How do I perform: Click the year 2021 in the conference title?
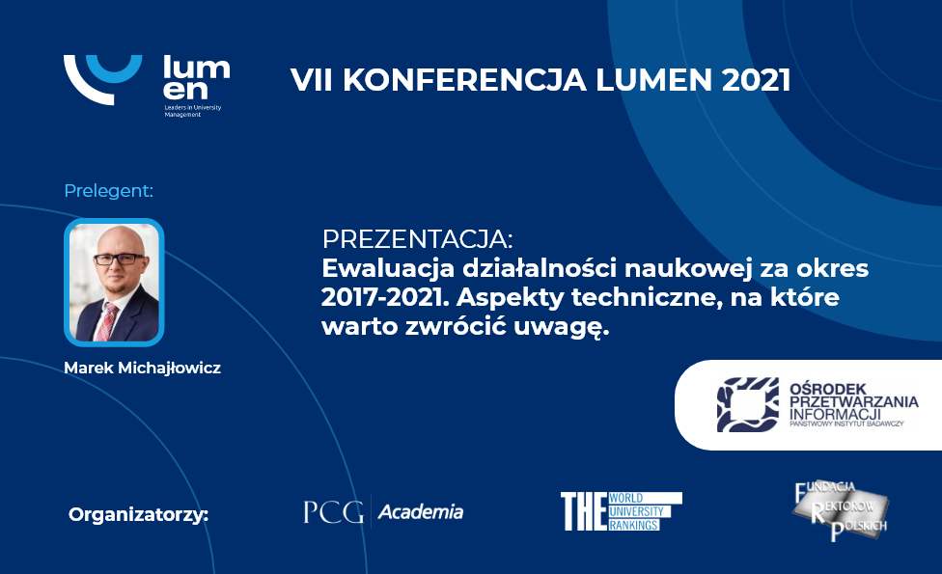click(x=756, y=80)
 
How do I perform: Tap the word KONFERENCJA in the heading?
click(x=464, y=80)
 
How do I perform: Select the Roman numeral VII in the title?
click(x=311, y=80)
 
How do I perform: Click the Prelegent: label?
click(x=109, y=190)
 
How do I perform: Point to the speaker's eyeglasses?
click(x=119, y=259)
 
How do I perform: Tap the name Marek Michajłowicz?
click(x=143, y=368)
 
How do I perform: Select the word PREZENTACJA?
click(x=418, y=239)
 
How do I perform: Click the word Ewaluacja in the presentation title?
click(x=388, y=268)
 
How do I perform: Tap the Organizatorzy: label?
click(x=139, y=514)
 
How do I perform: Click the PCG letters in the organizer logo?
click(x=333, y=512)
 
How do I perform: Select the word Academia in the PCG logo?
click(x=421, y=512)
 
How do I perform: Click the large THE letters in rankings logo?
click(x=583, y=511)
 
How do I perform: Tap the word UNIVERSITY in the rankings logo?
click(x=636, y=511)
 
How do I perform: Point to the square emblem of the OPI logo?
click(x=748, y=404)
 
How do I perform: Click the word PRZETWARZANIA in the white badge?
click(x=853, y=401)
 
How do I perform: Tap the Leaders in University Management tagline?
click(x=193, y=111)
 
